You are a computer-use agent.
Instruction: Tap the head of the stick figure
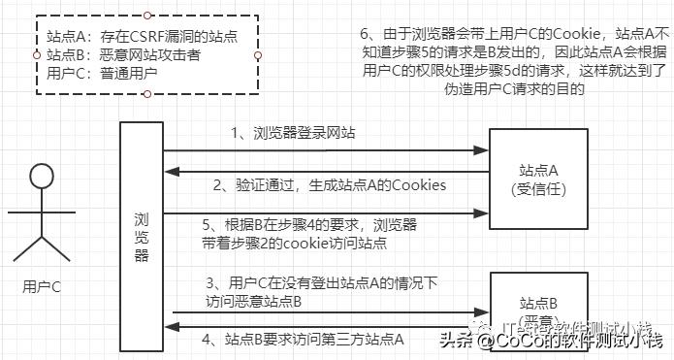tap(41, 179)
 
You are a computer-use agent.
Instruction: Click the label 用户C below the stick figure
tap(41, 286)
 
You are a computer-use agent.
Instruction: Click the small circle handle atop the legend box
tap(145, 16)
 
